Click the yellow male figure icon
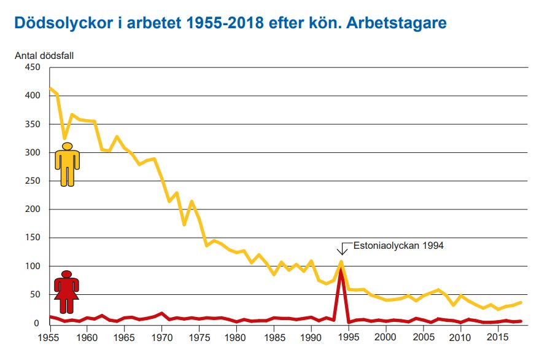click(68, 165)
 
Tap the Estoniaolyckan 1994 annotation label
click(398, 245)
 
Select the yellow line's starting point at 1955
click(50, 88)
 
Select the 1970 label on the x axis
click(162, 337)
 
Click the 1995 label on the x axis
click(349, 337)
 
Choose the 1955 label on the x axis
click(50, 337)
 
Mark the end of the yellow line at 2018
click(521, 302)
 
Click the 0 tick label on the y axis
click(37, 323)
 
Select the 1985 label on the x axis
click(274, 337)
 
